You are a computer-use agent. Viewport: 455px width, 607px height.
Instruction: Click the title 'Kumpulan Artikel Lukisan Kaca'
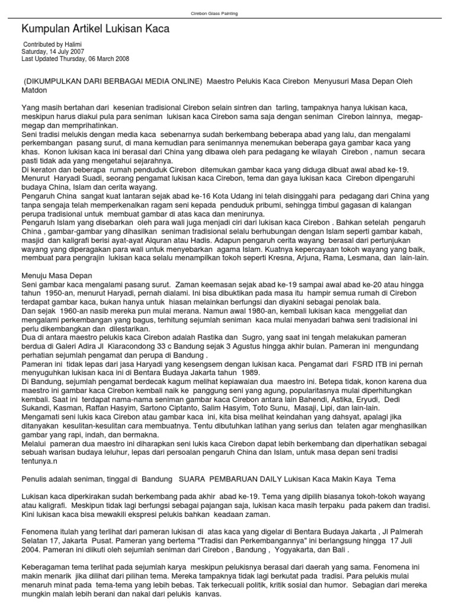point(95,28)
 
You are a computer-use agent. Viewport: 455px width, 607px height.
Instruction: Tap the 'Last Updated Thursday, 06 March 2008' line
point(75,59)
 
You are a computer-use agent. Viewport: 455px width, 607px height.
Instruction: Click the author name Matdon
point(34,90)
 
